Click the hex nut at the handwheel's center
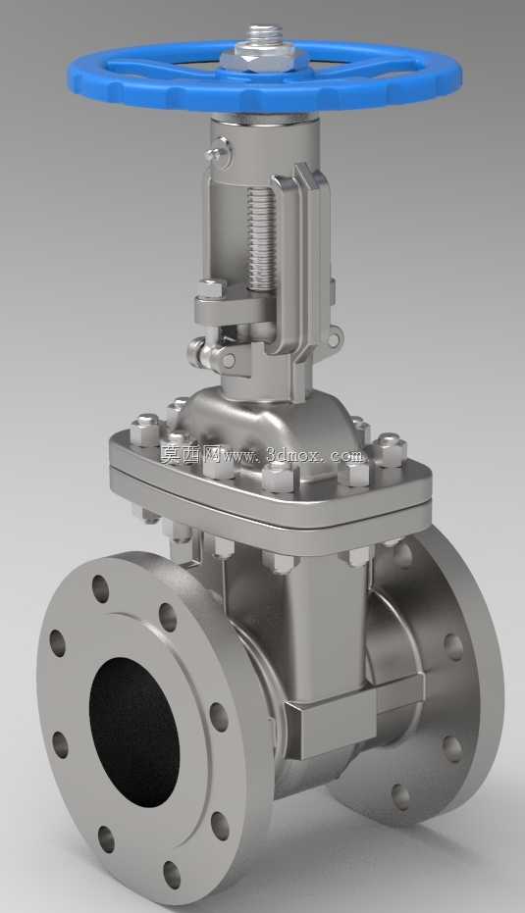coord(263,58)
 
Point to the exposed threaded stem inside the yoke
coord(260,238)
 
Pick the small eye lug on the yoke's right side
coord(335,337)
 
